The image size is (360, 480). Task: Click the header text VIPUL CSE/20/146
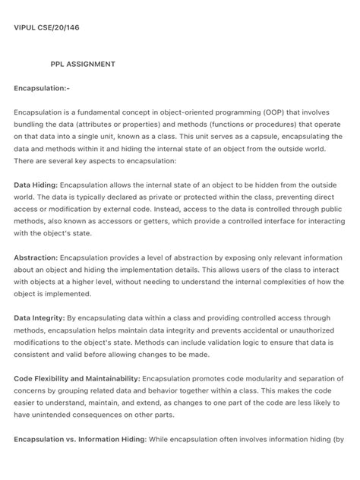click(x=47, y=28)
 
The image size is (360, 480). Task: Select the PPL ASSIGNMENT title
click(x=83, y=65)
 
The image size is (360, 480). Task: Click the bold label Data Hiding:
click(x=36, y=185)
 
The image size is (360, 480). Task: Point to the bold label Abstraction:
click(x=36, y=257)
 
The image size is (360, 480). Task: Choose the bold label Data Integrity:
click(x=39, y=318)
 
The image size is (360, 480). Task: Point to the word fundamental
click(x=101, y=112)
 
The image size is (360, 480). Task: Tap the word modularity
click(x=263, y=379)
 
